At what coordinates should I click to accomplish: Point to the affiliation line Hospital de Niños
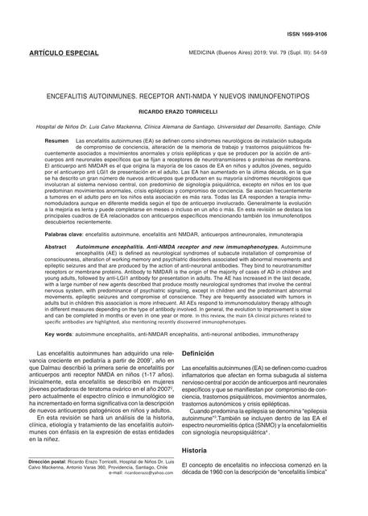tap(184, 127)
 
